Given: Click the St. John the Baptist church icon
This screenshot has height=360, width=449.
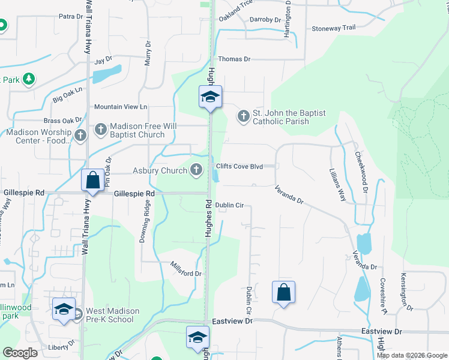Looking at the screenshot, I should [x=243, y=115].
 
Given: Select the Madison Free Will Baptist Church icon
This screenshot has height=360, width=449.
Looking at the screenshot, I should [x=101, y=128].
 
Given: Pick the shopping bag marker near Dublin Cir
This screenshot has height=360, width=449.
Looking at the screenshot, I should [x=284, y=292].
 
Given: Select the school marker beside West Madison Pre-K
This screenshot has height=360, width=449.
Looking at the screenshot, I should [x=64, y=309].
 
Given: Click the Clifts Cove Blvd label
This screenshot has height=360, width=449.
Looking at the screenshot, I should [x=239, y=166].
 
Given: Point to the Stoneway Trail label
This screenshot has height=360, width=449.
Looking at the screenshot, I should [x=334, y=28].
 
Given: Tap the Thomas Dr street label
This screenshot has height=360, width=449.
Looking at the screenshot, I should [x=234, y=59].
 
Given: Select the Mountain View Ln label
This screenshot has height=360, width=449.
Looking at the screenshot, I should [x=121, y=107].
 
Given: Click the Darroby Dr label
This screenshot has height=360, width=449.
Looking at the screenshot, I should [x=265, y=20].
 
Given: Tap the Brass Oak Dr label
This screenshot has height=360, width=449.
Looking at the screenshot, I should [x=62, y=121].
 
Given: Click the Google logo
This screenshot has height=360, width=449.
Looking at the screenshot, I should [x=20, y=352].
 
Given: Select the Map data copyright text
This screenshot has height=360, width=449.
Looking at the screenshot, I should [x=412, y=355].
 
